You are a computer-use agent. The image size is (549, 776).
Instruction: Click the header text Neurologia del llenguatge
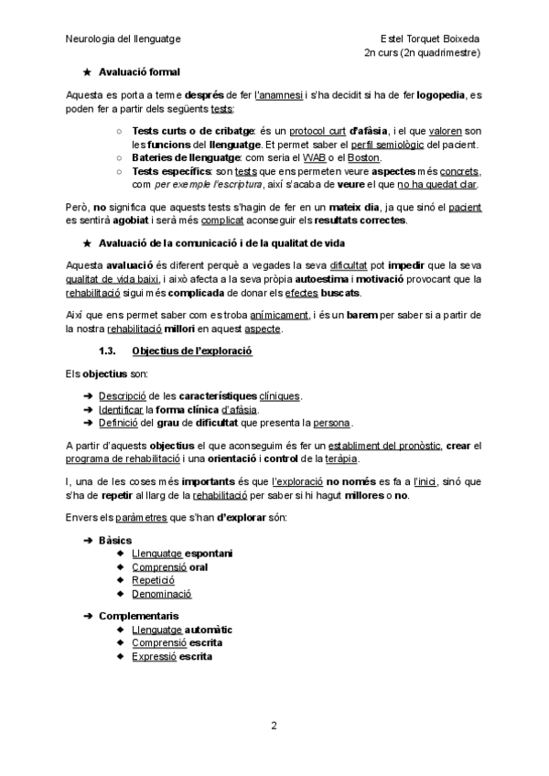[x=124, y=39]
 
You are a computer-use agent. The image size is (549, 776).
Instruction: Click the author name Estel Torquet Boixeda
[x=431, y=39]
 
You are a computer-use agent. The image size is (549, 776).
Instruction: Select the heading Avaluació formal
[x=139, y=72]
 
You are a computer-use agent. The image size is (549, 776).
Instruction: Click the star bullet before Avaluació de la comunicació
[x=87, y=242]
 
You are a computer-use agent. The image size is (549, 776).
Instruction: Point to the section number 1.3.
[x=110, y=350]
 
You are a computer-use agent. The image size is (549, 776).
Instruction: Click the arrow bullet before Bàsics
[x=88, y=541]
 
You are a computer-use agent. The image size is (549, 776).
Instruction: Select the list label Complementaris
[x=138, y=616]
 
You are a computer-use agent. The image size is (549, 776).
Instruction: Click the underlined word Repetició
[x=154, y=580]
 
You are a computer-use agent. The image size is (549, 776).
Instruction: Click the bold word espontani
[x=209, y=554]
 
